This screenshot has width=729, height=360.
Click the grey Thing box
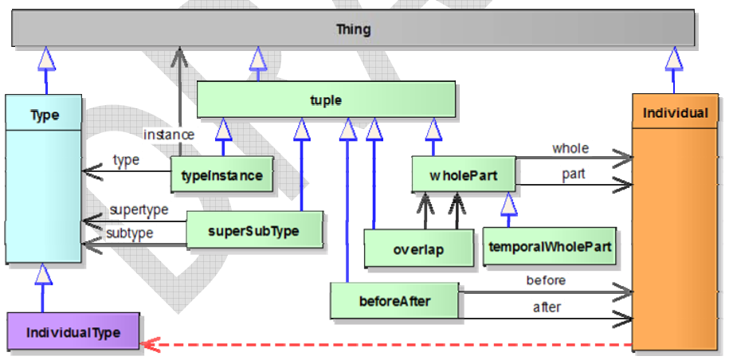(x=353, y=29)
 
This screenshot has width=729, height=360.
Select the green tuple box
(x=326, y=100)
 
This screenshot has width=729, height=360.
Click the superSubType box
(x=254, y=230)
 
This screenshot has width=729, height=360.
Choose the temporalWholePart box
(x=550, y=247)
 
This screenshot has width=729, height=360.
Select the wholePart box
(x=463, y=174)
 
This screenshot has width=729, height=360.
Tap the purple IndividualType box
(x=73, y=332)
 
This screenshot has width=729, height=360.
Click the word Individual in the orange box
(x=675, y=113)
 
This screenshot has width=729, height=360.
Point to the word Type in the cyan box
(x=45, y=115)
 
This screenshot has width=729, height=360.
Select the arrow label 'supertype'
(x=139, y=209)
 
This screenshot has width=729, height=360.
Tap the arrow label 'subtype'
(x=129, y=233)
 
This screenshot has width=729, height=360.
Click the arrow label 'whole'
(x=570, y=148)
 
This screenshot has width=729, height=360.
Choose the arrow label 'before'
(x=546, y=280)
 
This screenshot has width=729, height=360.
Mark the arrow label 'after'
(x=546, y=307)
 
